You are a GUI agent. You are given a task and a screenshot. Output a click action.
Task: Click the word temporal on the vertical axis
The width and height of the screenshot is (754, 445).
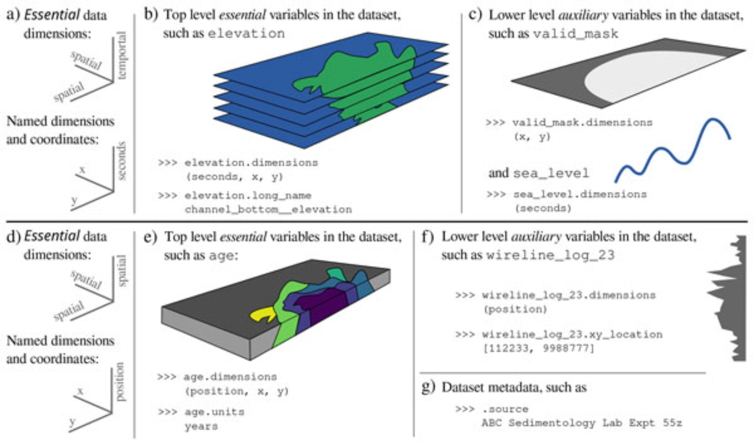tap(121, 55)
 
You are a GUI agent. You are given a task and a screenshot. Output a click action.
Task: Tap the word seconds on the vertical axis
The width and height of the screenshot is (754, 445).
tap(121, 161)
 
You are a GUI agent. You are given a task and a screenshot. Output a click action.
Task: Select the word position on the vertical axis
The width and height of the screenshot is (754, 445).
tap(120, 382)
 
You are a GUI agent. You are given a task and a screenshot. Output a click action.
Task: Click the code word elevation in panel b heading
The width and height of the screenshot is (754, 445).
tap(246, 34)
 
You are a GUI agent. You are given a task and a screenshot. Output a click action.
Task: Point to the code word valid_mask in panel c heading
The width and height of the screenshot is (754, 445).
tap(576, 34)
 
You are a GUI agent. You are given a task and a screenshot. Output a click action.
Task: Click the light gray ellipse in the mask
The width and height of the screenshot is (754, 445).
tap(641, 75)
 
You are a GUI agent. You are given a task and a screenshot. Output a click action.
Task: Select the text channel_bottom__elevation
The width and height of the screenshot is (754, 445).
tap(268, 209)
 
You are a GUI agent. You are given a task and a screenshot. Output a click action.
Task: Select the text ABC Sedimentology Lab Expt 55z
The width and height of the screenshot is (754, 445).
tap(582, 423)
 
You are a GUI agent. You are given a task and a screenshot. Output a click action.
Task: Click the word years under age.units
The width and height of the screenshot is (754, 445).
tap(201, 427)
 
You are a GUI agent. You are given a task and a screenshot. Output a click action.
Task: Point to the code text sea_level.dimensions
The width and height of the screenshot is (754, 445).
tap(580, 194)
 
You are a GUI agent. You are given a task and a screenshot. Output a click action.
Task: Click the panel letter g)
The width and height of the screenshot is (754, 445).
tap(428, 387)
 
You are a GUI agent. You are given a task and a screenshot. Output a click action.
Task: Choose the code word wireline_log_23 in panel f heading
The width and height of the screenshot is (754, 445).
tap(550, 255)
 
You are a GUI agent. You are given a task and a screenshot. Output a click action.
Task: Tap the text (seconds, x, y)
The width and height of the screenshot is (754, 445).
tap(234, 176)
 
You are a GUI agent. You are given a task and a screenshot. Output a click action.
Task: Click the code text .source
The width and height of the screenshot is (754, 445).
tap(505, 409)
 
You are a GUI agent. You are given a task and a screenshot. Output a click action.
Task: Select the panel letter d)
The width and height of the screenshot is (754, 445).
tap(14, 237)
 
